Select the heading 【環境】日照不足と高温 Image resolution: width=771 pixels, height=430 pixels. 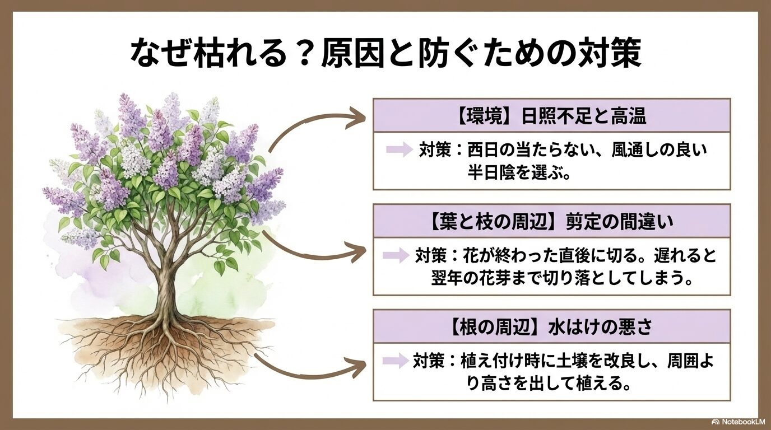tap(551, 116)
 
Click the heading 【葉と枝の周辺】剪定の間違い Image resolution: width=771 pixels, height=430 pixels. tap(551, 222)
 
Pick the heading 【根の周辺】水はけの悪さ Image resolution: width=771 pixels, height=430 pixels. tap(551, 326)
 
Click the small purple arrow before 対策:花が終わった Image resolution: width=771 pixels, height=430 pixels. tap(396, 256)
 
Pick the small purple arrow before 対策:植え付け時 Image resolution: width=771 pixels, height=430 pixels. tap(394, 361)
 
